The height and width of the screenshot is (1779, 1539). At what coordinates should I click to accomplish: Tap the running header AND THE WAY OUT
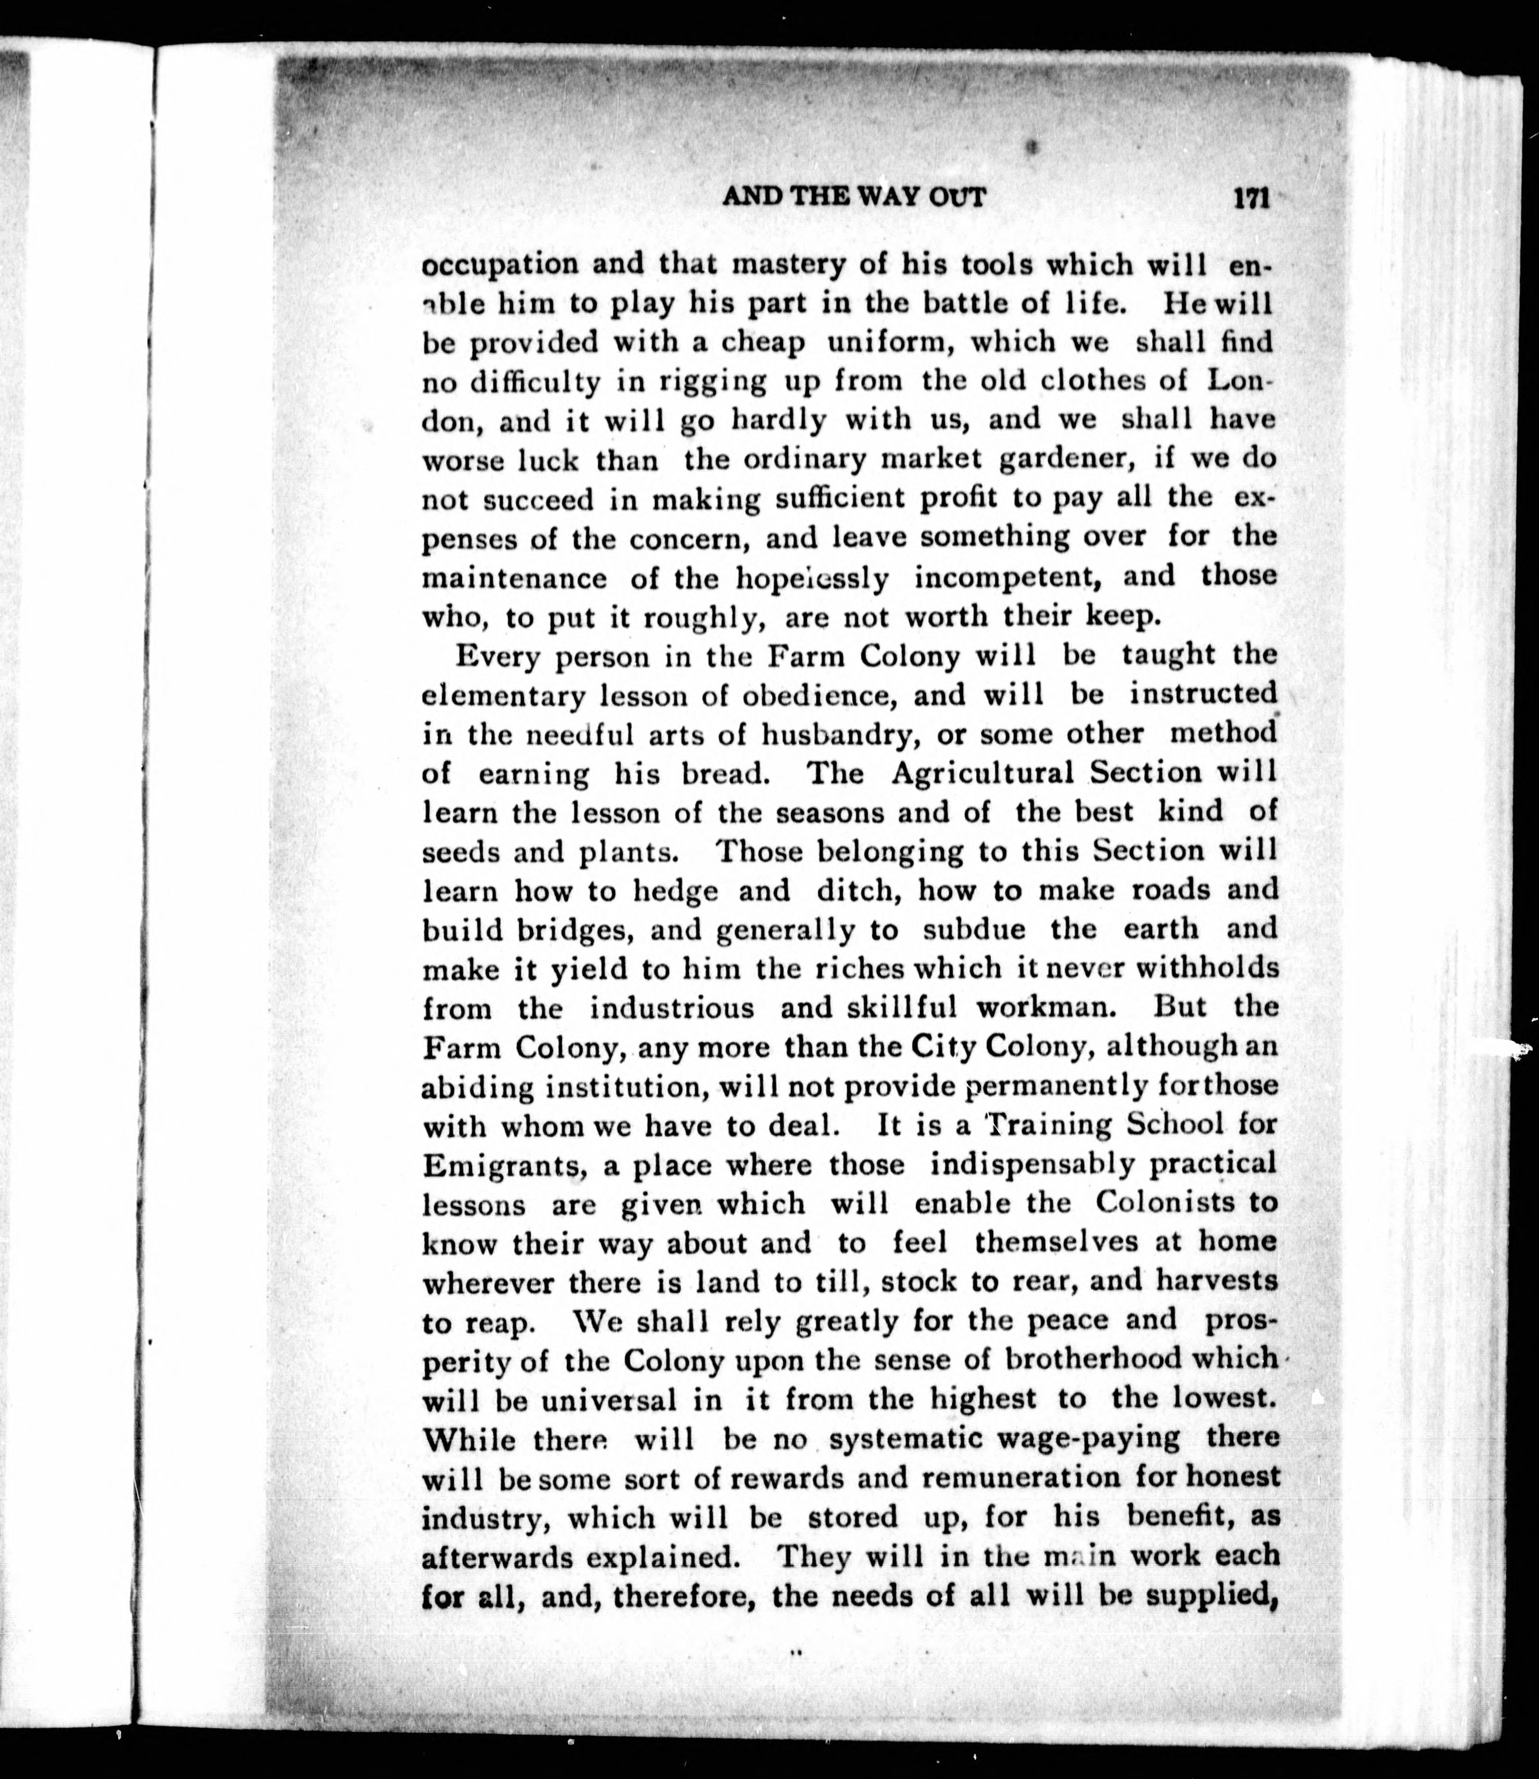click(x=854, y=198)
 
